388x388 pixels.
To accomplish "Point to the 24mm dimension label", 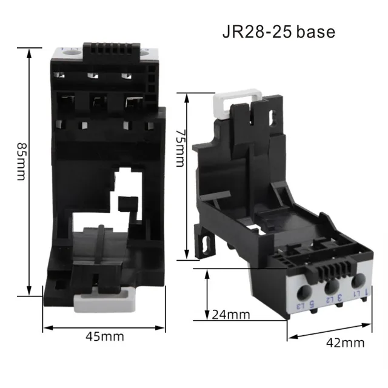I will [x=231, y=314].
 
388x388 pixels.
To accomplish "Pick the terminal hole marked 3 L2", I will [x=332, y=286].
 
